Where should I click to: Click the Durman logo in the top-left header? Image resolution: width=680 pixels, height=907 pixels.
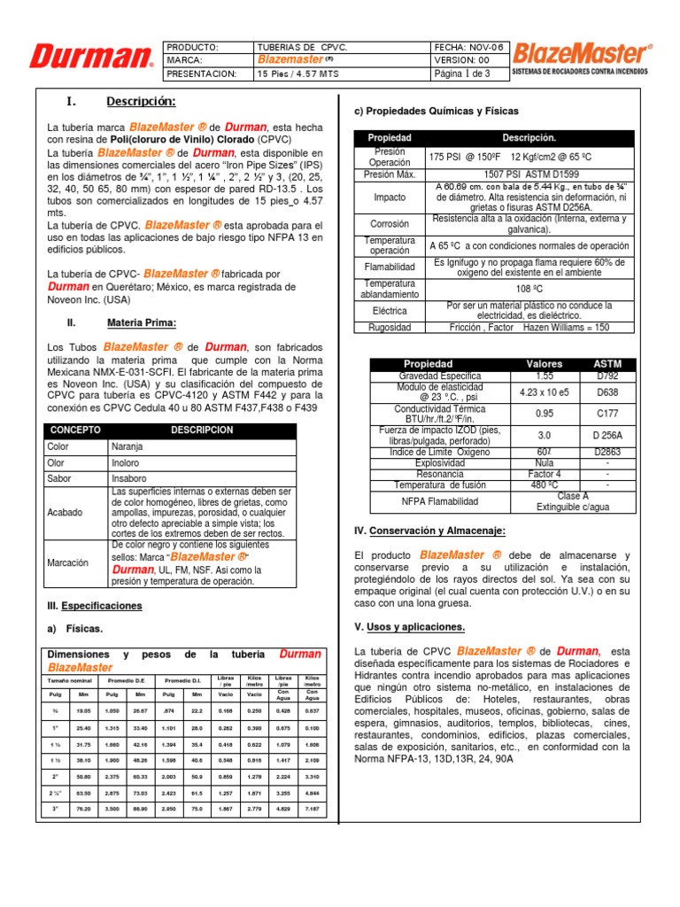coord(91,58)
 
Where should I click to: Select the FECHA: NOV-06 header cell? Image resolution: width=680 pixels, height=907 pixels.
coord(469,46)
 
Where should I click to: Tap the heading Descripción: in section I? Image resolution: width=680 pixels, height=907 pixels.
coord(141,101)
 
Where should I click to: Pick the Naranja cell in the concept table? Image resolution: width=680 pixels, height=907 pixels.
coord(127,447)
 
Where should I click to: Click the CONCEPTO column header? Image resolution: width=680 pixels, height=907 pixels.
coord(75,430)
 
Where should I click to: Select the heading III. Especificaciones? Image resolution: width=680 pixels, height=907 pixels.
coord(95,606)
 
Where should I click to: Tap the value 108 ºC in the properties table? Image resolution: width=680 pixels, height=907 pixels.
coord(529,289)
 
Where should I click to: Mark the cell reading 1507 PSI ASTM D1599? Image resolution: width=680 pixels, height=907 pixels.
coord(529,174)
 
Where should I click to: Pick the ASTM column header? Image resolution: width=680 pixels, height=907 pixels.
coord(607,364)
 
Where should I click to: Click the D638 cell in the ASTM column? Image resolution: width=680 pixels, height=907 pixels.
coord(607,391)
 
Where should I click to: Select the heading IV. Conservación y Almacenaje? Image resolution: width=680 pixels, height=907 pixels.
coord(429,531)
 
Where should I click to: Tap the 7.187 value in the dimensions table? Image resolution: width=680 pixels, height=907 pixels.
coord(312,809)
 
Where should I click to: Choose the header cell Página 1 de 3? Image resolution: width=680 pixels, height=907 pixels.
coord(469,74)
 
